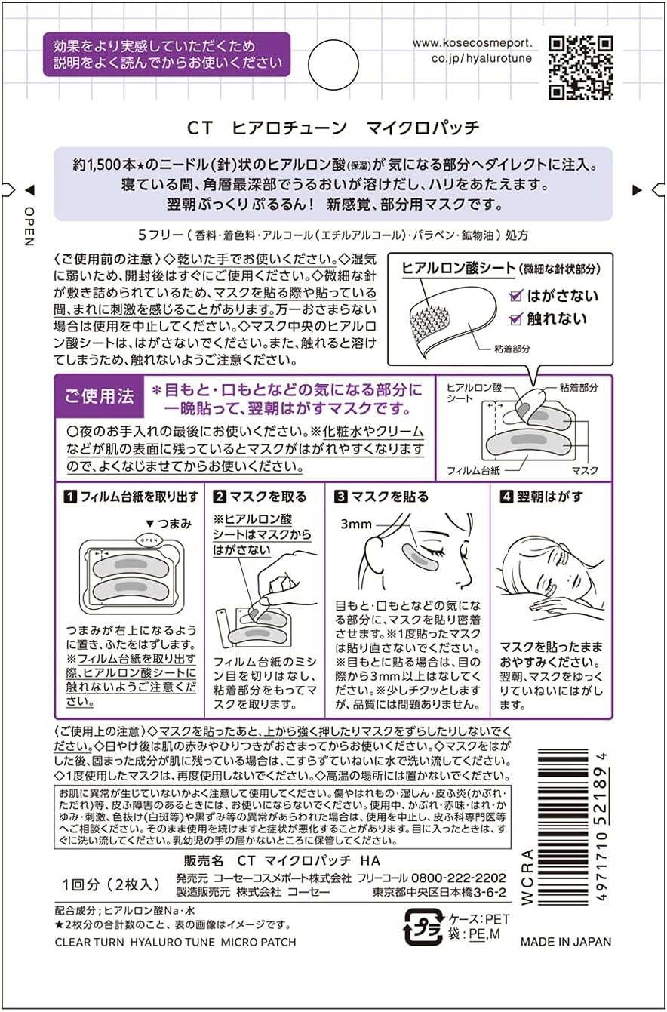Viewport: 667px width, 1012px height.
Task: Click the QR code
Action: point(580,68)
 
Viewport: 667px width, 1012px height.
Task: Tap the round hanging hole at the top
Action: point(333,65)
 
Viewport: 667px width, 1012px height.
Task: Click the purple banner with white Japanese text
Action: point(167,54)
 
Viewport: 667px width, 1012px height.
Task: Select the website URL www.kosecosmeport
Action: point(472,43)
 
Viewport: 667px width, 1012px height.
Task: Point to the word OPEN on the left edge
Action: point(29,226)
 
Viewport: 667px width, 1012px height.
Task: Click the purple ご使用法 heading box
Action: point(99,396)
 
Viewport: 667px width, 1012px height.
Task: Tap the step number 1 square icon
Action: point(70,497)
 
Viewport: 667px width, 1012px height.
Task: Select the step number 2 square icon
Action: point(220,497)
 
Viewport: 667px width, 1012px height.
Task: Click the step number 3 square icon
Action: point(340,497)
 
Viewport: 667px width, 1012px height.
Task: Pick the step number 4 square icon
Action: point(506,497)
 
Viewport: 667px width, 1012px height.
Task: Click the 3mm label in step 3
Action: point(356,524)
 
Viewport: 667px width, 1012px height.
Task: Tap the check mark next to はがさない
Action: point(515,296)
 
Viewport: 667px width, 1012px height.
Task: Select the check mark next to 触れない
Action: point(515,319)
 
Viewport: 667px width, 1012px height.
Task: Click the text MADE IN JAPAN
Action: point(566,942)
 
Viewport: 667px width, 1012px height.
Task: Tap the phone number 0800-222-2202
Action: point(458,878)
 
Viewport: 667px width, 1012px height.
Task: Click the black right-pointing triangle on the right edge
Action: point(637,190)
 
